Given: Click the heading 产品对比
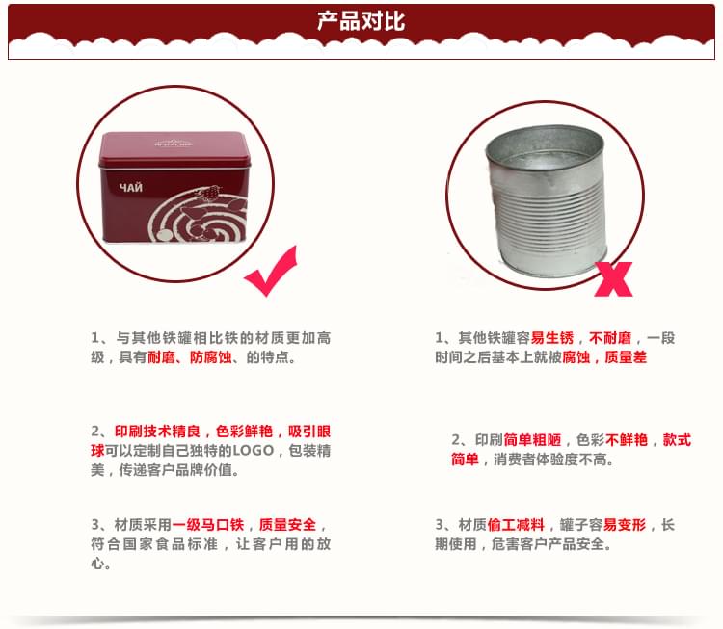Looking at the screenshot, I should point(361,20).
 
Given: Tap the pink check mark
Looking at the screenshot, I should point(271,271).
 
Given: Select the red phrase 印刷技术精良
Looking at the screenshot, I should point(157,431).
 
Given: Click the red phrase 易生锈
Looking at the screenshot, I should point(551,338).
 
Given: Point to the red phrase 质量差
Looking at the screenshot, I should point(626,357).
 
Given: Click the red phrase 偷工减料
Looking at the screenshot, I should point(518,525).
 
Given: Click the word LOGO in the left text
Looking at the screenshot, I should point(255,451).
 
